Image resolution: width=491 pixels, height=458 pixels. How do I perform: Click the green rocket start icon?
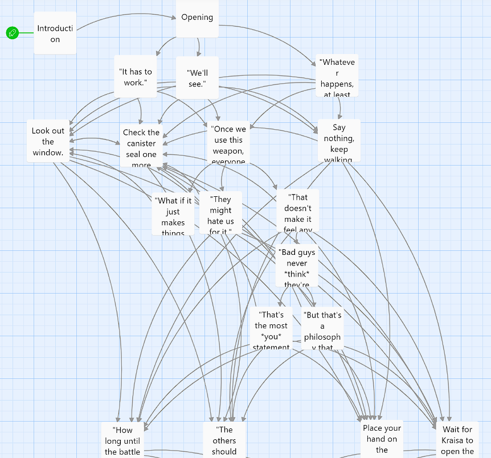coord(13,33)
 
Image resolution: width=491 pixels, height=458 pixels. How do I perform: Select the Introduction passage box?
coord(55,33)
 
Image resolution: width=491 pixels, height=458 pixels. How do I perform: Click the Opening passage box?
coord(197,18)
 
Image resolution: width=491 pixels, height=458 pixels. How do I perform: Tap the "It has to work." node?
coord(135,77)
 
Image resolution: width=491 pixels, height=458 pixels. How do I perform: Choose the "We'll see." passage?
coord(197,79)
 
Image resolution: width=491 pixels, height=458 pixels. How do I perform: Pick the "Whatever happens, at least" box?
coord(337,76)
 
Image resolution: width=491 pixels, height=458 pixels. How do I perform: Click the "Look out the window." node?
coord(48,141)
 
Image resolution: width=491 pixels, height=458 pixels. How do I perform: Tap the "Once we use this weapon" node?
coord(228,145)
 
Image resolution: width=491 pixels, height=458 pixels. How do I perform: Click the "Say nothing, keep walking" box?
coord(339,141)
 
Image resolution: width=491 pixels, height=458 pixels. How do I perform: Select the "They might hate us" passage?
coord(220,213)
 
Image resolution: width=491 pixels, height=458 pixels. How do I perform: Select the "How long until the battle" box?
coord(122,440)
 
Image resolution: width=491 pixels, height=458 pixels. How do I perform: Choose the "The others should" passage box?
coord(224,440)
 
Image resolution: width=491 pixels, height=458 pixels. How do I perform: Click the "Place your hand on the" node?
coord(382,439)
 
